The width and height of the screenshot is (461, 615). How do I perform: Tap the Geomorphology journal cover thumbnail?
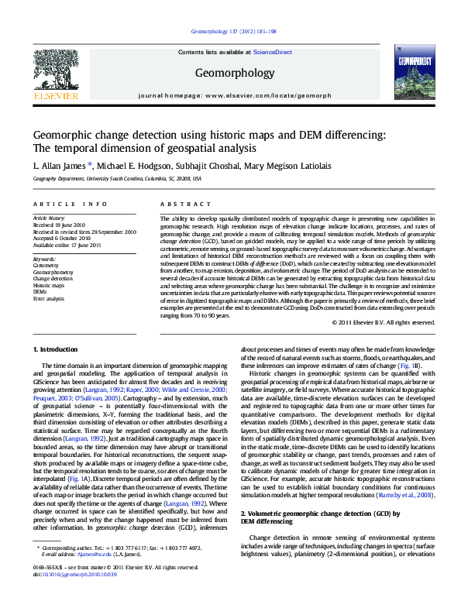coord(408,74)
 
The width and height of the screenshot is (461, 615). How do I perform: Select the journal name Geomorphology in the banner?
coord(229,72)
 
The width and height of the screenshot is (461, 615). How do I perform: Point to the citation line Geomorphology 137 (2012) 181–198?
coord(229,33)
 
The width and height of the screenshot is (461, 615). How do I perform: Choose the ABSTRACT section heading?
coord(177,204)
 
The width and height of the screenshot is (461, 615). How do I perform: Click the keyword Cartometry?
coord(46,265)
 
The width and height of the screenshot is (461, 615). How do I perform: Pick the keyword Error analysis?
coord(49,298)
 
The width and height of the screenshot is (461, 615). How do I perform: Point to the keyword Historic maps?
coord(49,285)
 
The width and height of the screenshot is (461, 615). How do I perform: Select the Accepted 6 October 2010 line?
coord(67,238)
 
